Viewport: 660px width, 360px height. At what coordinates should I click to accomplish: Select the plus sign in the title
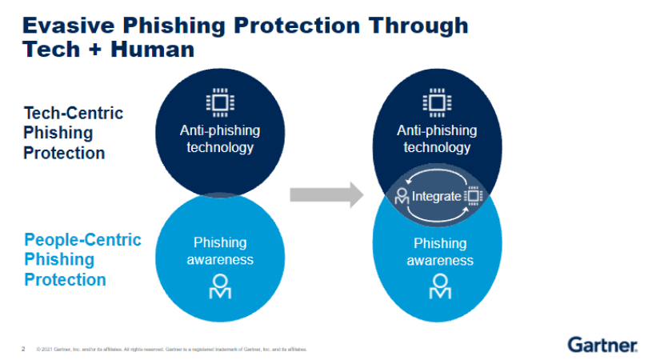coord(98,50)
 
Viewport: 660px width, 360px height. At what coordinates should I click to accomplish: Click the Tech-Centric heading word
coord(74,113)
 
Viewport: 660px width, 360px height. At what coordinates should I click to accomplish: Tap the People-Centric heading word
coord(82,239)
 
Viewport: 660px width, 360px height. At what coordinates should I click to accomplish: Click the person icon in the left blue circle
coord(220,286)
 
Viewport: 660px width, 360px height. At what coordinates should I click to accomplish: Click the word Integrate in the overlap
coord(436,196)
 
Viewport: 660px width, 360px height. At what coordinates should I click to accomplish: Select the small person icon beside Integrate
coord(402,196)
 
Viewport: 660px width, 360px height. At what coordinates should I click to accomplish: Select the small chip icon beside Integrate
coord(473,196)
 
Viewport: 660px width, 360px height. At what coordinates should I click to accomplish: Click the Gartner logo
coord(603,345)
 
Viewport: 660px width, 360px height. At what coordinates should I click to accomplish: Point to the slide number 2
coord(23,349)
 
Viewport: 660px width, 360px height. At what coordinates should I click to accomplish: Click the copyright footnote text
coord(171,350)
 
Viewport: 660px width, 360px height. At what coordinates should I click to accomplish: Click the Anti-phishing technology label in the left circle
coord(220,139)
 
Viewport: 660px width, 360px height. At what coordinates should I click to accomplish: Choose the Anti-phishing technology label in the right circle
coord(437,139)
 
